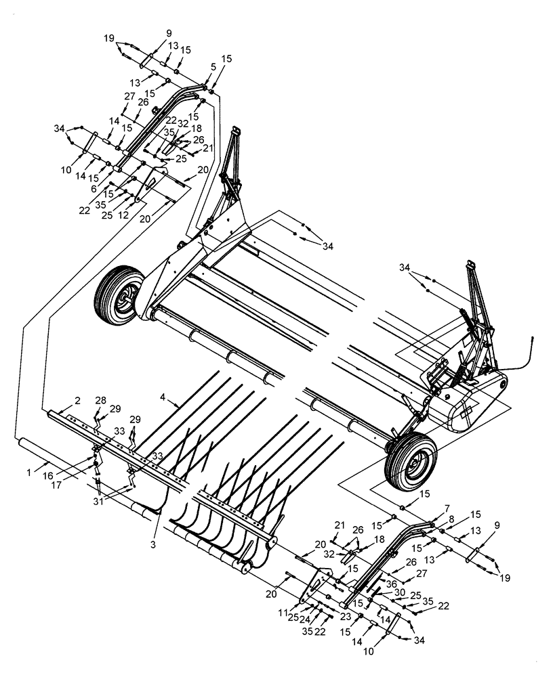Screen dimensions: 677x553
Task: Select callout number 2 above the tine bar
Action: click(x=78, y=401)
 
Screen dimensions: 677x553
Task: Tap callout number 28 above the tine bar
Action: click(x=102, y=401)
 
